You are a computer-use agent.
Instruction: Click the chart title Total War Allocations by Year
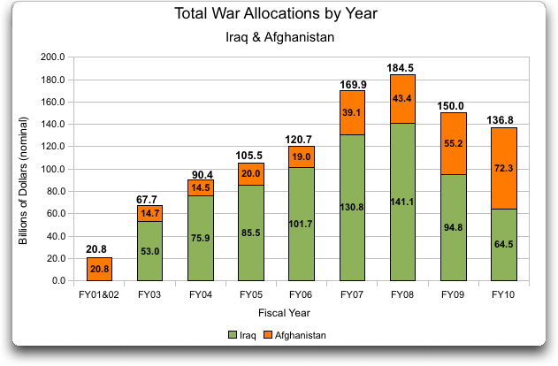[x=276, y=13]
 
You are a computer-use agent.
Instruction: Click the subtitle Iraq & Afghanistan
[x=276, y=38]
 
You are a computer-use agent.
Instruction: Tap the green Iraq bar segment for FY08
[x=402, y=202]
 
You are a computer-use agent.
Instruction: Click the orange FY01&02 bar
[x=99, y=269]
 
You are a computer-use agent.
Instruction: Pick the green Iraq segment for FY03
[x=149, y=251]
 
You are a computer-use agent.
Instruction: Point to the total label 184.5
[x=402, y=67]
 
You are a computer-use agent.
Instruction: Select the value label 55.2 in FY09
[x=453, y=144]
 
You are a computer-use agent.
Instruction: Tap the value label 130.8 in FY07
[x=352, y=207]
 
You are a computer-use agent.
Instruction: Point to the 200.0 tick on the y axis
[x=53, y=57]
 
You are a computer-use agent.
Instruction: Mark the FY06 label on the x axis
[x=302, y=294]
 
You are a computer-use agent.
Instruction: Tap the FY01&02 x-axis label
[x=99, y=294]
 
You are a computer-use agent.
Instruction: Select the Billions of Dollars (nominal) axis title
[x=25, y=169]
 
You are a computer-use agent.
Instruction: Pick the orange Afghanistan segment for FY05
[x=251, y=174]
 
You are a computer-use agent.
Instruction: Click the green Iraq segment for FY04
[x=200, y=238]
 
